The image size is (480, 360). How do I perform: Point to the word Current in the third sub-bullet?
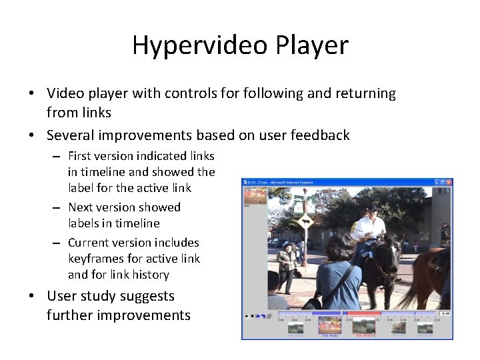tap(91, 243)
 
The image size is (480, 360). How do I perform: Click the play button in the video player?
tap(247, 315)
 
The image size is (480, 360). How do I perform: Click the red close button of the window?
tap(449, 182)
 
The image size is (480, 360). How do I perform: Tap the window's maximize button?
tap(442, 182)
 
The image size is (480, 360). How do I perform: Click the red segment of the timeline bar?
tap(364, 313)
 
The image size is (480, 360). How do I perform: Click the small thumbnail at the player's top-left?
tap(255, 196)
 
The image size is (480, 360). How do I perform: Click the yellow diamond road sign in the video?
tap(306, 222)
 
